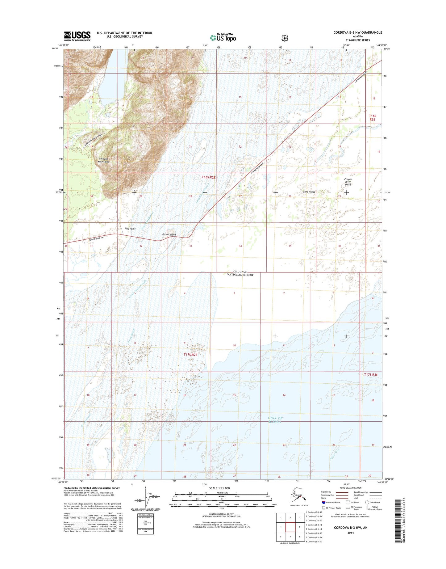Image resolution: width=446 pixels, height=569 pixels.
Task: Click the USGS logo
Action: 77,36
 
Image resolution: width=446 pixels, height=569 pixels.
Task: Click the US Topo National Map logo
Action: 223,37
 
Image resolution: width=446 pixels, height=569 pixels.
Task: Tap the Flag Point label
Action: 130,229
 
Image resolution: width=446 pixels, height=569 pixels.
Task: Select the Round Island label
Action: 169,234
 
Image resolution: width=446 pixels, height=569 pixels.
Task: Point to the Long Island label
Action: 309,192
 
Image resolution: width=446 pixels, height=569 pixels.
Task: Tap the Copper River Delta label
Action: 348,182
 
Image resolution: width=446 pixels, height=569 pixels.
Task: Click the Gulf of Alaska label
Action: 275,420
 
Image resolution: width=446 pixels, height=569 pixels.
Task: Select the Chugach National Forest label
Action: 240,273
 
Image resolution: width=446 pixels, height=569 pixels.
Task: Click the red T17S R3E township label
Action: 371,375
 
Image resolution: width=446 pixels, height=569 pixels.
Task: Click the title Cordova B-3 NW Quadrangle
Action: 357,32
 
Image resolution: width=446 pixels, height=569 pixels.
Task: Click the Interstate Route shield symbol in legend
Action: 323,502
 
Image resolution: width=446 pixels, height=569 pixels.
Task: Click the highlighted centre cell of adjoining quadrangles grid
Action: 290,527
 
